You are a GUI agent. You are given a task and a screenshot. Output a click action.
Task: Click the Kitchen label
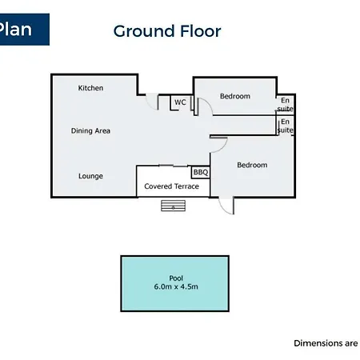(x=90, y=88)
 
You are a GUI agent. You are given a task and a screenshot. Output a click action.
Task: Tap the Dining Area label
(x=90, y=130)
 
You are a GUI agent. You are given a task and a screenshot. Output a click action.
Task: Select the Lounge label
(x=90, y=176)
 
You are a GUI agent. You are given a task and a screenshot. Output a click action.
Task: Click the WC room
(x=181, y=102)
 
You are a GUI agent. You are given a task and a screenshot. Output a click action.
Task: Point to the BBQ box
(x=201, y=172)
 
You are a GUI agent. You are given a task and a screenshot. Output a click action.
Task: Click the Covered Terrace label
(x=171, y=186)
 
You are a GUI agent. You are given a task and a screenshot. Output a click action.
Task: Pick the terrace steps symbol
(x=174, y=206)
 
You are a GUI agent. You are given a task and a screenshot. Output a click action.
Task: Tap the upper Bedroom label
(x=235, y=96)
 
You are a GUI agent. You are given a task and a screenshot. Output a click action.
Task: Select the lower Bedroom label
(x=252, y=165)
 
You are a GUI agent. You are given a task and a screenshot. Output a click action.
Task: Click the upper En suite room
(x=285, y=105)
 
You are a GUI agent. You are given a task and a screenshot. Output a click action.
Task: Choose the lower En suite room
(x=285, y=126)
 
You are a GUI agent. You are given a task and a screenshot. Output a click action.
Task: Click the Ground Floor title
(x=167, y=31)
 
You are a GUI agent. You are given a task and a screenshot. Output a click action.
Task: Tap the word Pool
(x=176, y=278)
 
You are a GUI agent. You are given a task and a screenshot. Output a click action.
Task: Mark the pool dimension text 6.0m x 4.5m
(x=176, y=286)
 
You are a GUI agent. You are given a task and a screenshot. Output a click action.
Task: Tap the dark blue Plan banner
(x=24, y=30)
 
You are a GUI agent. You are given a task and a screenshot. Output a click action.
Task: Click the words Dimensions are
(x=326, y=343)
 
